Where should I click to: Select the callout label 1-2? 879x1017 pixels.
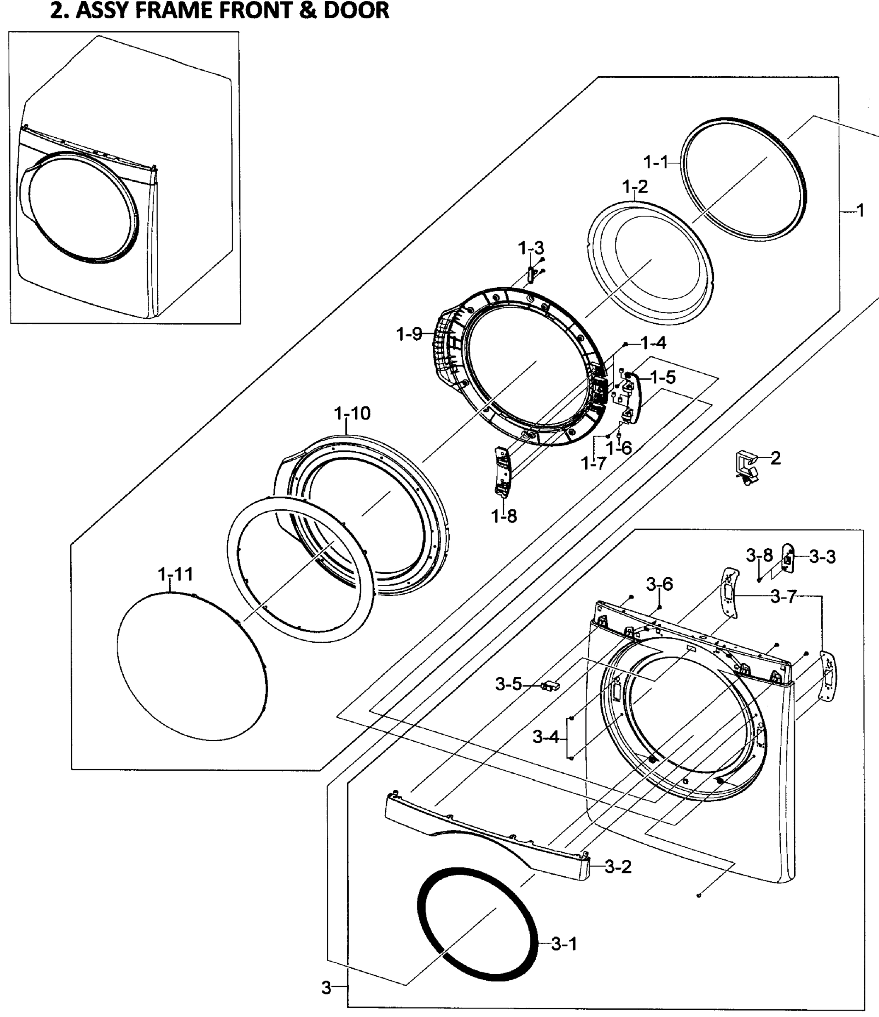(634, 186)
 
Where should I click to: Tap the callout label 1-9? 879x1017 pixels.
(409, 334)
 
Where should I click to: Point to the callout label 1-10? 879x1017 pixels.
(352, 413)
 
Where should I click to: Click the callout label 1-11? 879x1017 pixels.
(175, 574)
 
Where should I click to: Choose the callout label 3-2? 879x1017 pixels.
(618, 867)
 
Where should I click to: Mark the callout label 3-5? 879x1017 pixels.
(509, 684)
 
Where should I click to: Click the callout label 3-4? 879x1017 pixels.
(546, 737)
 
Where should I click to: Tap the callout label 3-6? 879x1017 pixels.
(659, 584)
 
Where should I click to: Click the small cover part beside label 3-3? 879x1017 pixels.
(787, 557)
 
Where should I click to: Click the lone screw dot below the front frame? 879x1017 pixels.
(699, 896)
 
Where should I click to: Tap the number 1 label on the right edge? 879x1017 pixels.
(860, 211)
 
